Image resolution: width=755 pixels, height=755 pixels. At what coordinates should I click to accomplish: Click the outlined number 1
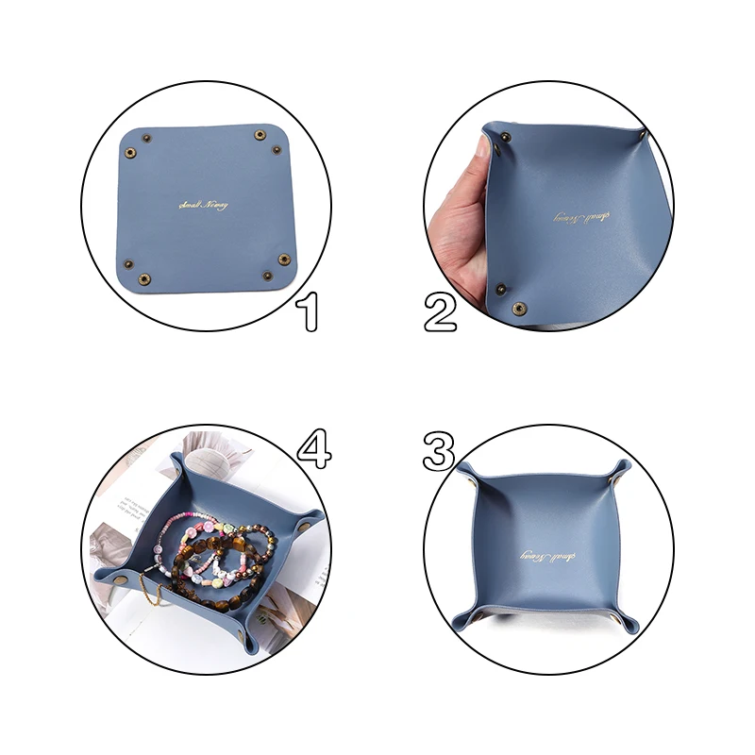point(307,312)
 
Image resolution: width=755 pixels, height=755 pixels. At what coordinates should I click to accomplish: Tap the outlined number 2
point(440,312)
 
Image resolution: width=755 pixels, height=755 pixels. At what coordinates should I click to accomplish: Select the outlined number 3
point(440,451)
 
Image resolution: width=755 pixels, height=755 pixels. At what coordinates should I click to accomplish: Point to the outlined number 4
point(313,448)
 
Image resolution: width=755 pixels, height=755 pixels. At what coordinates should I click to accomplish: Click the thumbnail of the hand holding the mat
point(548,206)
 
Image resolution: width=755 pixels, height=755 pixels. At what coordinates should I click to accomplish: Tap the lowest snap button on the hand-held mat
point(517,309)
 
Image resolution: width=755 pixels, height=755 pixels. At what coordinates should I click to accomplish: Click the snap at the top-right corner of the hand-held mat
point(643,140)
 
